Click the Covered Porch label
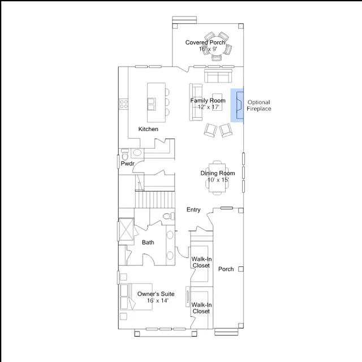point(205,42)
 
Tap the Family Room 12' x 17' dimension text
point(209,107)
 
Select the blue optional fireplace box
point(237,105)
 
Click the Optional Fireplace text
point(259,106)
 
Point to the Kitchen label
point(148,129)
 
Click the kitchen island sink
point(152,104)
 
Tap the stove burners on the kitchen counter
point(124,104)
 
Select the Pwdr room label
point(127,163)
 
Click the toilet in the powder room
point(125,154)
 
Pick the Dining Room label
point(218,173)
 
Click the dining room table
point(217,178)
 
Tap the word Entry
point(193,210)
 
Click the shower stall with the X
point(126,230)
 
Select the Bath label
point(148,243)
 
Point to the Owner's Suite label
point(156,294)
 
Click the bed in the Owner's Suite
point(136,296)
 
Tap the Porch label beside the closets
point(226,269)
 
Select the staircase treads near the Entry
point(155,200)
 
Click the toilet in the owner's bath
point(169,216)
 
